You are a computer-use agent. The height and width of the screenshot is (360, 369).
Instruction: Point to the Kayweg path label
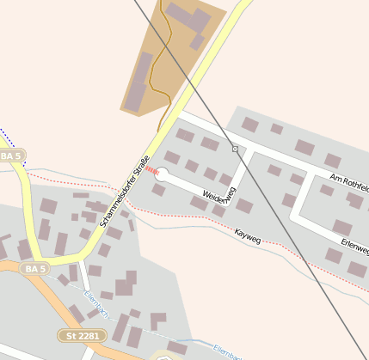coord(247,235)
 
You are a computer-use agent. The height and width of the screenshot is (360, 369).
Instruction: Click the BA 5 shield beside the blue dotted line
coord(11,156)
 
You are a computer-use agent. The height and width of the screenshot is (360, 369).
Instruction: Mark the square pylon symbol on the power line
coord(235,149)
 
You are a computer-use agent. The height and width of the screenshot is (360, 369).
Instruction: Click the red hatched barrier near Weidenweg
coord(151,171)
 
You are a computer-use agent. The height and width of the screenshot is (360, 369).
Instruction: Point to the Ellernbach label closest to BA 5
coord(95,303)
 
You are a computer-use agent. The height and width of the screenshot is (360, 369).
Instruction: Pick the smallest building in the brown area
coord(197,42)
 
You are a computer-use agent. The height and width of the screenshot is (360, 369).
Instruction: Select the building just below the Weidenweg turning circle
coord(159,189)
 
